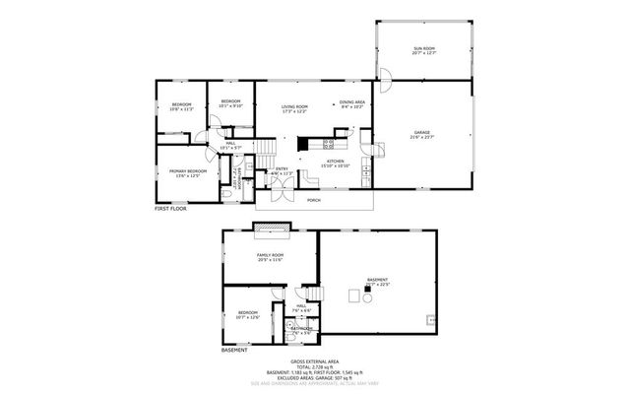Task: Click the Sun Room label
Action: (424, 48)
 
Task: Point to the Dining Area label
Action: (352, 102)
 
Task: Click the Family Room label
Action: (270, 256)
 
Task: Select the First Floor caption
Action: (169, 209)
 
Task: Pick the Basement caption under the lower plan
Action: (234, 350)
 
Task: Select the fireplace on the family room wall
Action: (272, 230)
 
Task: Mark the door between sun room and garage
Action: (387, 76)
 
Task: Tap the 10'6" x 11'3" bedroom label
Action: (182, 106)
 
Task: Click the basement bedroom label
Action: (246, 315)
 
